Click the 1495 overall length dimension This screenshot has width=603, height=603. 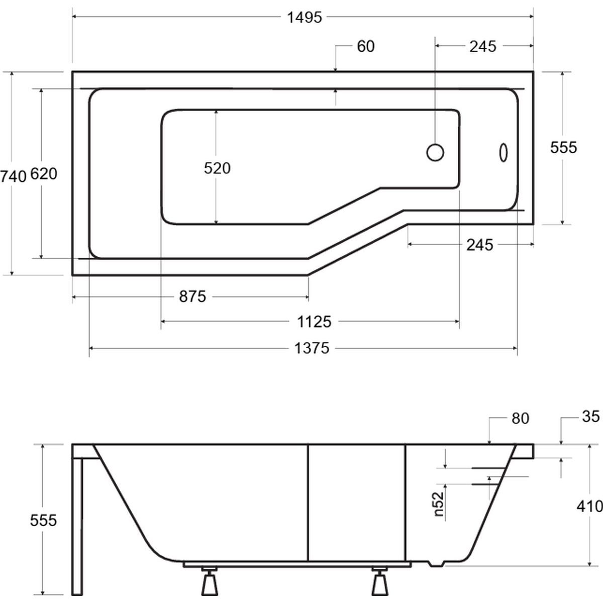click(305, 18)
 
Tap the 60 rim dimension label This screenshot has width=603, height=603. click(365, 47)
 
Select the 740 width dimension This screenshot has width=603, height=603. click(13, 177)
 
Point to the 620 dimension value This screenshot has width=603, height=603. click(44, 174)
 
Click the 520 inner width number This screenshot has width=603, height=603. click(217, 168)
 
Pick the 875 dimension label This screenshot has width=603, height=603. click(192, 296)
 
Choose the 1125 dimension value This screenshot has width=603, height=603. click(314, 322)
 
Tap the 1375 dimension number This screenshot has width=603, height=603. click(312, 348)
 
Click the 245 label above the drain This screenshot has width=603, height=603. click(483, 47)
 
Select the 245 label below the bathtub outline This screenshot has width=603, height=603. click(480, 245)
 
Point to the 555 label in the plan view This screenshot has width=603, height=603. click(564, 148)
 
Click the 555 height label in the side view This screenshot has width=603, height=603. click(44, 521)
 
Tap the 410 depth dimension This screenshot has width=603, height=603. click(589, 507)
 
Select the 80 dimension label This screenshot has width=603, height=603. click(521, 419)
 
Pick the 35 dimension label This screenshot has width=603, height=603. click(591, 417)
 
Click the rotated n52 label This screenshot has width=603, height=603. click(439, 504)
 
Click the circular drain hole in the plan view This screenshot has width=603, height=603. click(435, 152)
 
